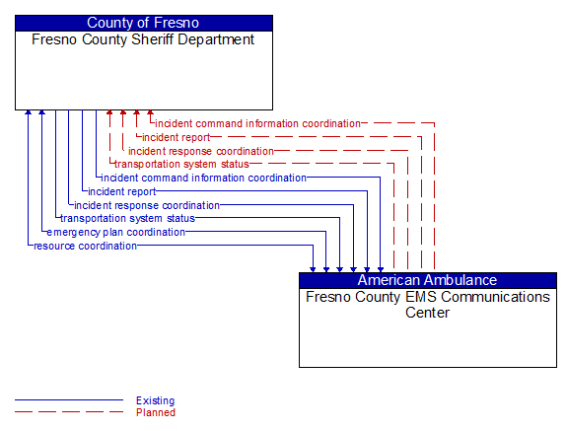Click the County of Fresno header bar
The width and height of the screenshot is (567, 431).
pos(143,23)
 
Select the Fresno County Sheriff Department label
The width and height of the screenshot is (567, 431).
pos(143,39)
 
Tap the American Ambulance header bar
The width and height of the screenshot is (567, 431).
pos(427,280)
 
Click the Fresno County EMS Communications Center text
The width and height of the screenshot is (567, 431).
pos(427,304)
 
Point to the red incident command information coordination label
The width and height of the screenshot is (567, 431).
pos(257,123)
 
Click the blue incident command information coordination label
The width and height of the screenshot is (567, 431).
pos(204,178)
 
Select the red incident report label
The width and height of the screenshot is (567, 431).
pos(176,137)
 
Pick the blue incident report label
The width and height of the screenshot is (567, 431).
pos(121,191)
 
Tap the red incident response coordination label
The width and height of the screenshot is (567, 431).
pos(200,151)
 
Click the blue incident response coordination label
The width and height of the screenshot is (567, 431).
pos(147,205)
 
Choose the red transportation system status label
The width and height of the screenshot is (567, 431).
pos(181,164)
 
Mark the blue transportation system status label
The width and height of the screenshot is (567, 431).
pos(127,218)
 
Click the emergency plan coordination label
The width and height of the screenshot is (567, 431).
pos(115,232)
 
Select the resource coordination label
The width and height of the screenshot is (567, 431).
pos(85,246)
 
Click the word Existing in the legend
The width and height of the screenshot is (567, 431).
pos(155,400)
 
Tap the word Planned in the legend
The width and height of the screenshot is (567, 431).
pos(155,412)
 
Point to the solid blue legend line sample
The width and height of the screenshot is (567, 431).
pos(69,400)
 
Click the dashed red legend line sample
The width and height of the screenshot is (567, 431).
pos(69,412)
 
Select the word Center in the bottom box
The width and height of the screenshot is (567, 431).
pos(427,313)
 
